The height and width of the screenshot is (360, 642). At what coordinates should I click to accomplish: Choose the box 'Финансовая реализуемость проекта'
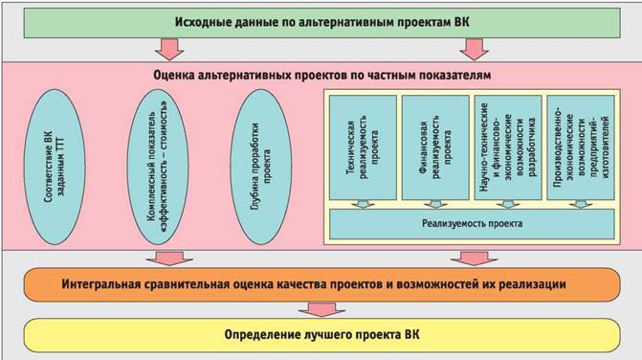[432, 145]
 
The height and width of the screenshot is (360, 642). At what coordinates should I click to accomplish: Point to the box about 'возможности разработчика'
[504, 145]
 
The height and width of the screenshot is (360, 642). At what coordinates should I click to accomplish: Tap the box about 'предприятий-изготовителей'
[576, 145]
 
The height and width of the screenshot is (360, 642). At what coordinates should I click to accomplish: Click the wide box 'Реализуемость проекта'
[469, 224]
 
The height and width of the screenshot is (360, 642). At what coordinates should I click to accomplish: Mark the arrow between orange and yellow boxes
[315, 308]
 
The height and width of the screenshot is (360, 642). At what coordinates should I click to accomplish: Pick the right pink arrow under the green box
[469, 48]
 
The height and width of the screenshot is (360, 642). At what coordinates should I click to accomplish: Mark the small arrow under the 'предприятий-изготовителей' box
[576, 202]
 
